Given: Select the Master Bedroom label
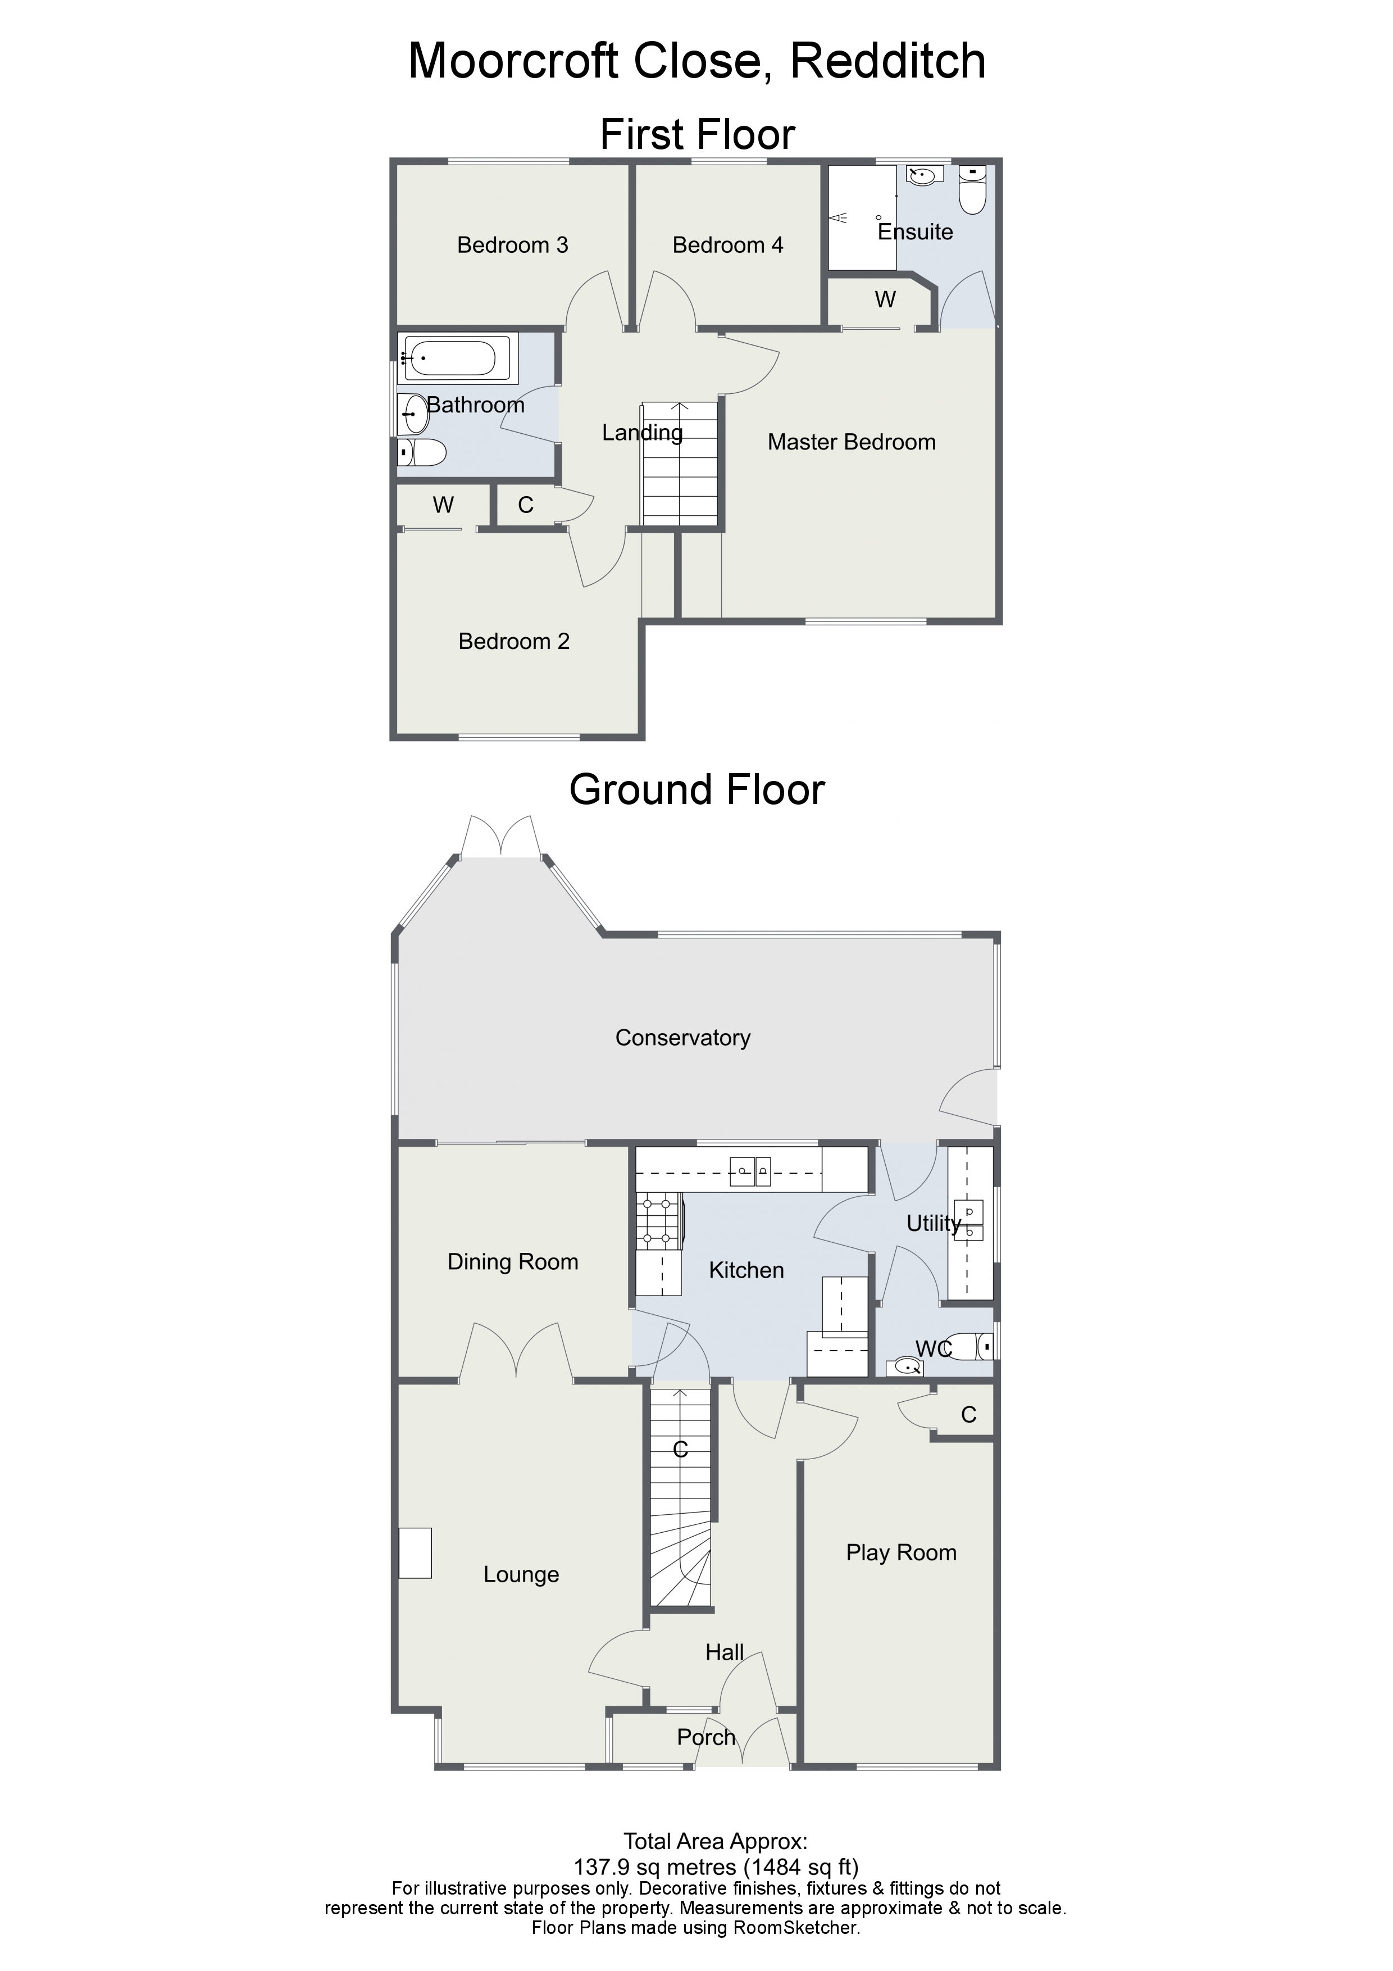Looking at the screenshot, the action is (x=852, y=442).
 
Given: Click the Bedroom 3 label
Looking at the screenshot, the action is (x=512, y=246).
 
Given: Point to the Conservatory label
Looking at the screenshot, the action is (x=682, y=1038).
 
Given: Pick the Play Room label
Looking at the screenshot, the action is (x=901, y=1552).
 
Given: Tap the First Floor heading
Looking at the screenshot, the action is (x=697, y=135).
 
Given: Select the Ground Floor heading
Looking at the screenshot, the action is (x=697, y=790).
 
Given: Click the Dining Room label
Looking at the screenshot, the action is (x=512, y=1262).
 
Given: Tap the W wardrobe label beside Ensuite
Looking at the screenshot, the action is (x=885, y=299).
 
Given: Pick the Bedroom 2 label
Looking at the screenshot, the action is (x=513, y=641).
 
